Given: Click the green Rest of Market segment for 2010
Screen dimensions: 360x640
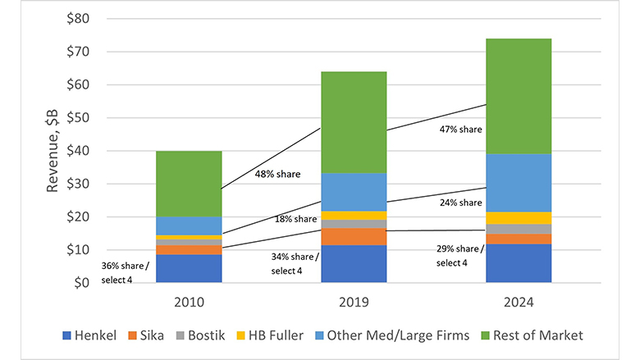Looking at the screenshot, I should click(x=189, y=184).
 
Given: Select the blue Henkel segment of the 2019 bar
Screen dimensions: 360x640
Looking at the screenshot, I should click(x=354, y=263).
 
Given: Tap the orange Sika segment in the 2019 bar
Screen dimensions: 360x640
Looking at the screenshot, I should click(x=354, y=236).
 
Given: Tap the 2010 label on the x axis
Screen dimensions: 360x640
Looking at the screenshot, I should click(x=189, y=302).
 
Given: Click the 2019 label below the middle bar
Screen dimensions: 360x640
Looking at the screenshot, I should click(x=354, y=302).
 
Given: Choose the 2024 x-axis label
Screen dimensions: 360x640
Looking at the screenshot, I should click(x=518, y=302).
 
